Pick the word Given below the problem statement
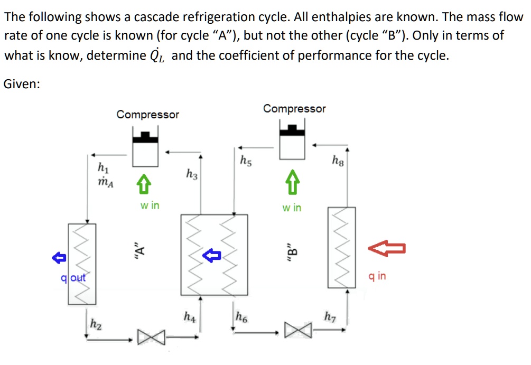tap(21, 84)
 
